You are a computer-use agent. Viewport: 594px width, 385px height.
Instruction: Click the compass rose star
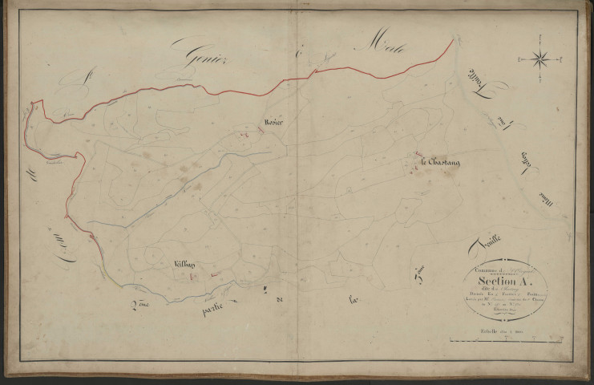pyautogui.click(x=540, y=58)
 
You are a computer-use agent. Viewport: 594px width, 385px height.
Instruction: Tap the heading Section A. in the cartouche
pyautogui.click(x=505, y=282)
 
